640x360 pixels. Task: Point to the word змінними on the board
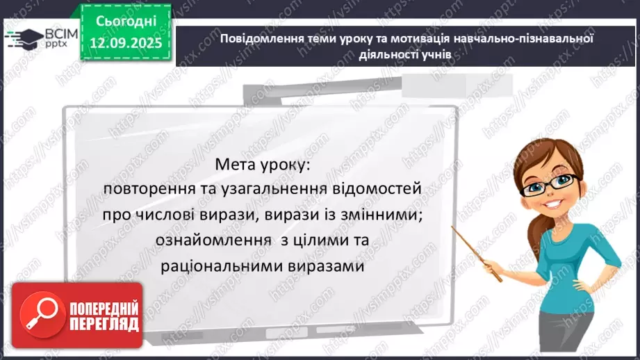click(386, 215)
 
